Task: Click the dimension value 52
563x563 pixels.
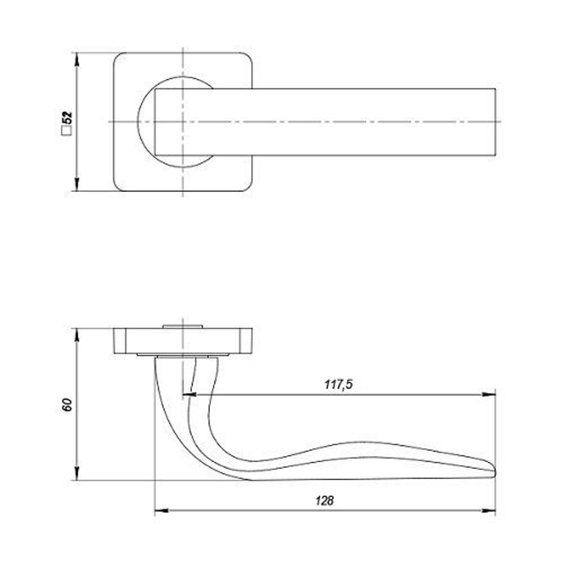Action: click(x=67, y=118)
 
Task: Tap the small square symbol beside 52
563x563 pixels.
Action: click(x=66, y=131)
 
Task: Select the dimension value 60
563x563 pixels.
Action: click(x=67, y=405)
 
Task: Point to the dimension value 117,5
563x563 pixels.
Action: click(x=338, y=385)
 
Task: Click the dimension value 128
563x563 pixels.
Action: click(x=325, y=500)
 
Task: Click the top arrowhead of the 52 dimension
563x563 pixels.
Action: click(x=77, y=59)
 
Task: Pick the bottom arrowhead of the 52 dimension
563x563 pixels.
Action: click(x=77, y=185)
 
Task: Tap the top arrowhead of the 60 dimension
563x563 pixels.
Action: click(x=77, y=335)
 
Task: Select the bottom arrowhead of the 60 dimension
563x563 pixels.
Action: click(x=77, y=473)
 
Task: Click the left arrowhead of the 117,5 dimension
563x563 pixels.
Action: click(x=190, y=395)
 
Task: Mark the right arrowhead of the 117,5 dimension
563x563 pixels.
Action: click(x=489, y=395)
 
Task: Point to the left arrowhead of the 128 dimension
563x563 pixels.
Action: click(x=162, y=510)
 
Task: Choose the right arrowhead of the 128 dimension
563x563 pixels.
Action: click(x=489, y=510)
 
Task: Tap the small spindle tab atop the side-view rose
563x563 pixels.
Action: click(x=183, y=327)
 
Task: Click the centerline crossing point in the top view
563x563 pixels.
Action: click(x=183, y=122)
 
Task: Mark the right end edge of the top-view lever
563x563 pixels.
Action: click(x=495, y=122)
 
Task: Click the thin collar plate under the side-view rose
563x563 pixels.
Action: click(x=183, y=355)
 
